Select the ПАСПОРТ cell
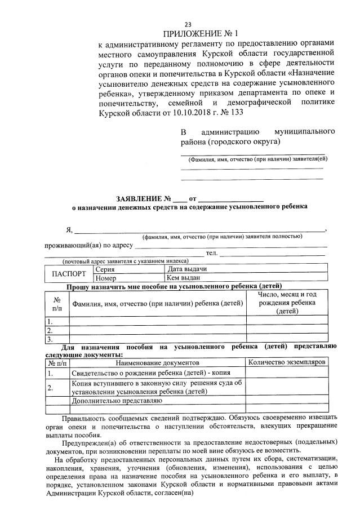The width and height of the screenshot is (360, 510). tap(69, 274)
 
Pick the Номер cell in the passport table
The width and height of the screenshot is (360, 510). tap(106, 278)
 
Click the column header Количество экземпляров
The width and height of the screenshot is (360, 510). tap(287, 362)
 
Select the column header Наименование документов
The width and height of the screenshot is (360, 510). tap(157, 362)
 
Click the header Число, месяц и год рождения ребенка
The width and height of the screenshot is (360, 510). tap(287, 303)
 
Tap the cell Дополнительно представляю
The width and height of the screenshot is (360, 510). tap(117, 401)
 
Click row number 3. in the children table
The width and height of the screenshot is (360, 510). tap(50, 339)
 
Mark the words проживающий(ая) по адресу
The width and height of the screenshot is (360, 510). tap(88, 245)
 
